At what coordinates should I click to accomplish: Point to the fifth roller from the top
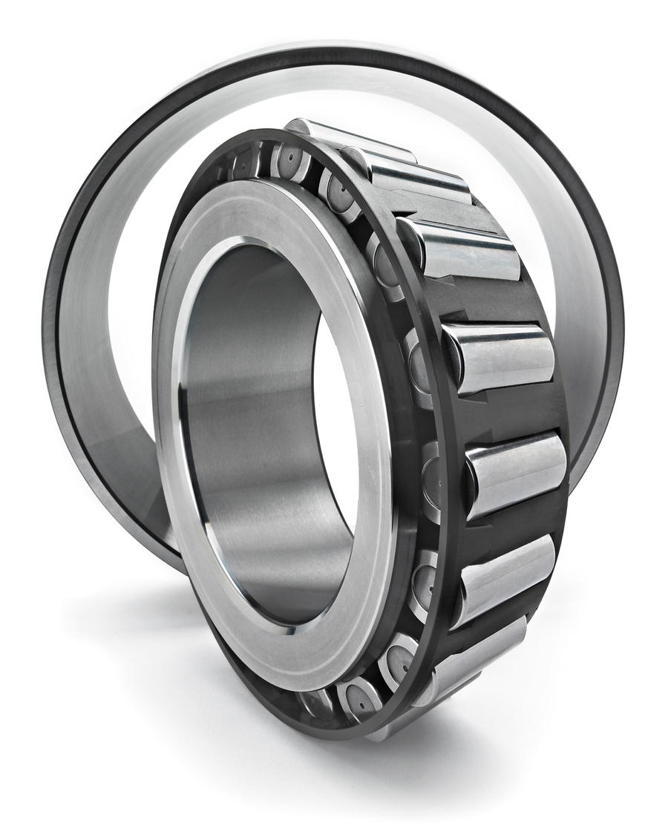click(516, 471)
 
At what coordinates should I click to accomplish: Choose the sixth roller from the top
click(505, 575)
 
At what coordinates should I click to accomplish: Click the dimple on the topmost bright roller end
click(289, 160)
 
